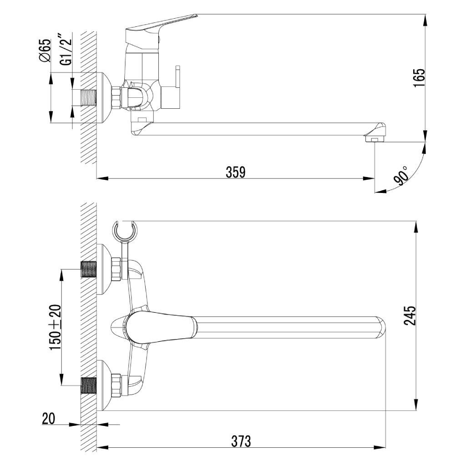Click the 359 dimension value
[x=236, y=172]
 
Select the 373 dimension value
[x=241, y=441]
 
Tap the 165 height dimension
[x=419, y=78]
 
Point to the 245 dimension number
[x=410, y=316]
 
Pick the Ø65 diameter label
[x=45, y=51]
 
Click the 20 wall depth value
[x=48, y=419]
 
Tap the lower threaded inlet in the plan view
[x=89, y=386]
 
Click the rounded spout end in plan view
[x=381, y=328]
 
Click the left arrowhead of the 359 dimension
[x=102, y=178]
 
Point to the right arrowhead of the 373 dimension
[x=380, y=447]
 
